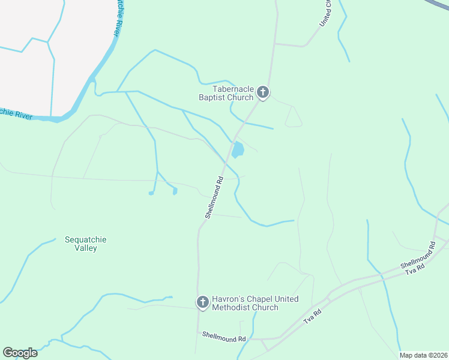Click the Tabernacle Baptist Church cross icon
(262, 92)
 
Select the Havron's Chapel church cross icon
(203, 302)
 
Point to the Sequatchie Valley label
(85, 244)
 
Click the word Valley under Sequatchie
(85, 248)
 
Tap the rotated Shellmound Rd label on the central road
(214, 197)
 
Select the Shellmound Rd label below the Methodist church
(224, 338)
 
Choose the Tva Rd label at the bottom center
(313, 316)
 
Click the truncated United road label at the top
(326, 12)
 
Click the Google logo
(20, 353)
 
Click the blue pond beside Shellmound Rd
(238, 150)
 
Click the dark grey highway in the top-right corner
(439, 4)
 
